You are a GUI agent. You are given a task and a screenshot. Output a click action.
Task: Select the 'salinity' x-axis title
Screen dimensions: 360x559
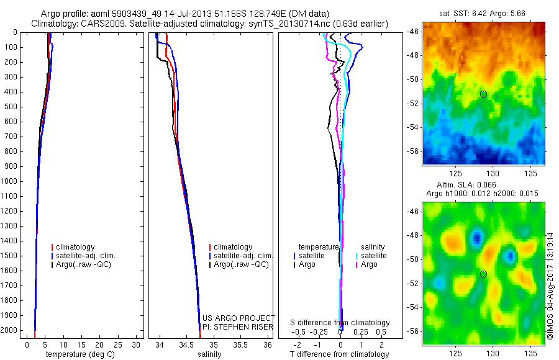pyautogui.click(x=208, y=354)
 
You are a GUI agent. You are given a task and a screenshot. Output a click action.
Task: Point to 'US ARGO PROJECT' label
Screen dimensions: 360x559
pyautogui.click(x=239, y=318)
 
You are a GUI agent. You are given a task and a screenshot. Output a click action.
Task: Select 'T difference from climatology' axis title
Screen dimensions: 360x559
pyautogui.click(x=339, y=354)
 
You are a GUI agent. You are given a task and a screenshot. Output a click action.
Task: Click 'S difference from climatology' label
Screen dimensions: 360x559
pyautogui.click(x=340, y=323)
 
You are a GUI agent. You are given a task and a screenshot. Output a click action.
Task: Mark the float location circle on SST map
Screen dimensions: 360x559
pyautogui.click(x=483, y=94)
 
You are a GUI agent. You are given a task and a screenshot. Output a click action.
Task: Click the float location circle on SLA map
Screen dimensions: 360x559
pyautogui.click(x=483, y=274)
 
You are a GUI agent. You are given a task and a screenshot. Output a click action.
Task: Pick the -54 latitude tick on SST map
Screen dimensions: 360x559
pyautogui.click(x=412, y=127)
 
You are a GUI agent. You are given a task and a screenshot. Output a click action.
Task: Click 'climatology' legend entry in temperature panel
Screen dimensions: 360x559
pyautogui.click(x=78, y=247)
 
